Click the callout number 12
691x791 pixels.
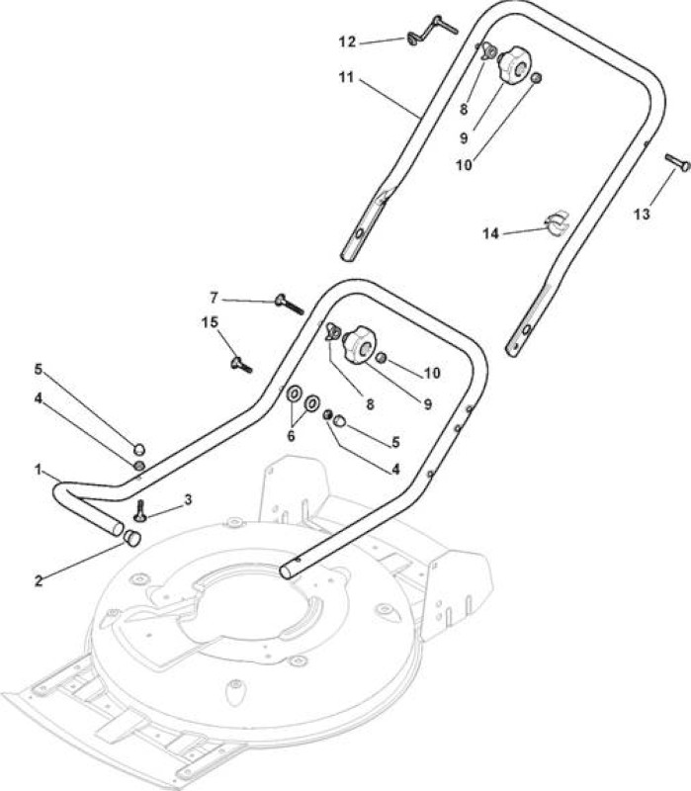[x=347, y=42]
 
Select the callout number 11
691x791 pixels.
[x=346, y=78]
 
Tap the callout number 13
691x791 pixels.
[x=642, y=215]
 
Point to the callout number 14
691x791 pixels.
[x=490, y=233]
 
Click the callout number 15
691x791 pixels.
[x=210, y=322]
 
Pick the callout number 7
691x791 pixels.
[x=214, y=299]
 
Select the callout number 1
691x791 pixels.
[x=39, y=470]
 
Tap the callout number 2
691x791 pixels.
[x=39, y=580]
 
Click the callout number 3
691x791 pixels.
[x=188, y=500]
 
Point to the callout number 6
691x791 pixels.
[x=291, y=436]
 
